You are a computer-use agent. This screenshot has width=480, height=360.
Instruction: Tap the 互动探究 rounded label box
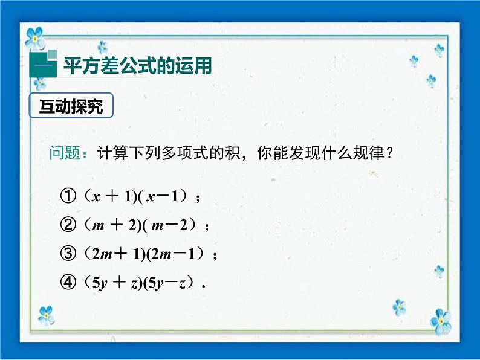coord(71,107)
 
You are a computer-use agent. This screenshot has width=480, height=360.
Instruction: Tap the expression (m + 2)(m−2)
coord(141,225)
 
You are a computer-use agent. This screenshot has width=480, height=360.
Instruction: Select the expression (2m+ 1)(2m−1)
coord(146,254)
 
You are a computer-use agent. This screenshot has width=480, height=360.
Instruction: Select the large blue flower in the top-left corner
coord(34,36)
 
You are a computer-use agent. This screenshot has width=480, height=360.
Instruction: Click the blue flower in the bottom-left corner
coord(46,315)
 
